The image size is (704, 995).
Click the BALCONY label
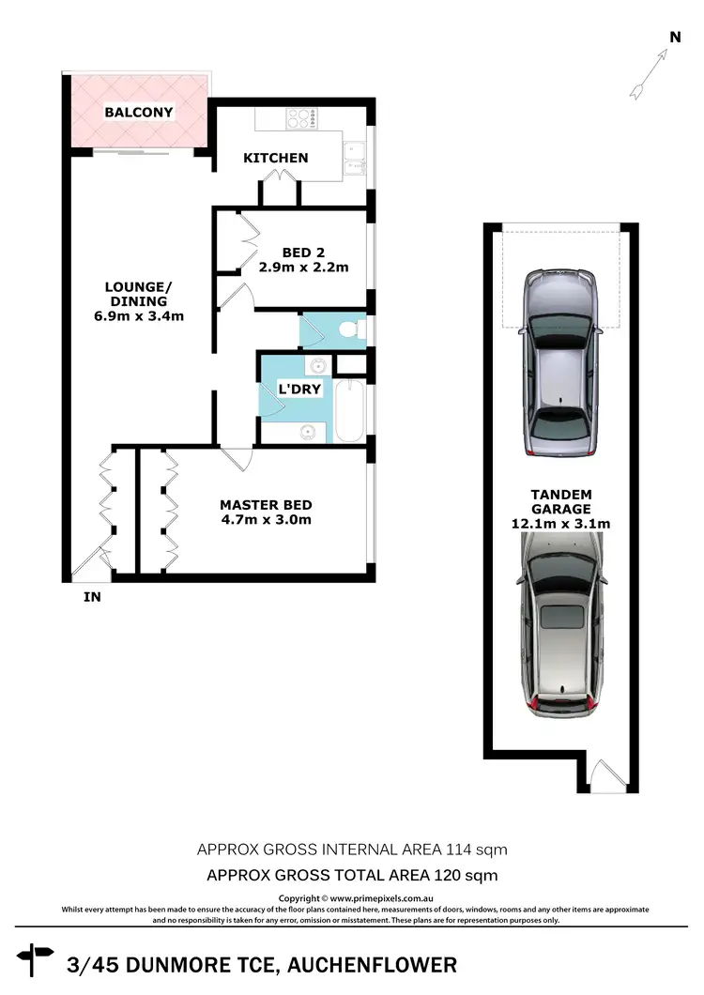tap(139, 113)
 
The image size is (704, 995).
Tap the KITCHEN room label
tap(276, 158)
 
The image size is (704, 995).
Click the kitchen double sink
tap(355, 158)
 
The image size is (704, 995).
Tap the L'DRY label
tap(299, 389)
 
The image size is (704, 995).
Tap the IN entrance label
tap(92, 596)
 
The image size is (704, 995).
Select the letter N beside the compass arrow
tap(674, 37)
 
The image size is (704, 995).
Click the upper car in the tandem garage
tap(561, 362)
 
